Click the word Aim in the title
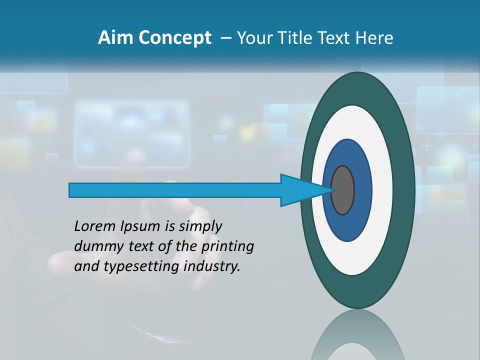(x=113, y=38)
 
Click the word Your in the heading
(x=254, y=38)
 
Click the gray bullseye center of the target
(x=343, y=190)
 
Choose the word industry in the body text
(x=212, y=266)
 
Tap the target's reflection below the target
(x=358, y=335)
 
